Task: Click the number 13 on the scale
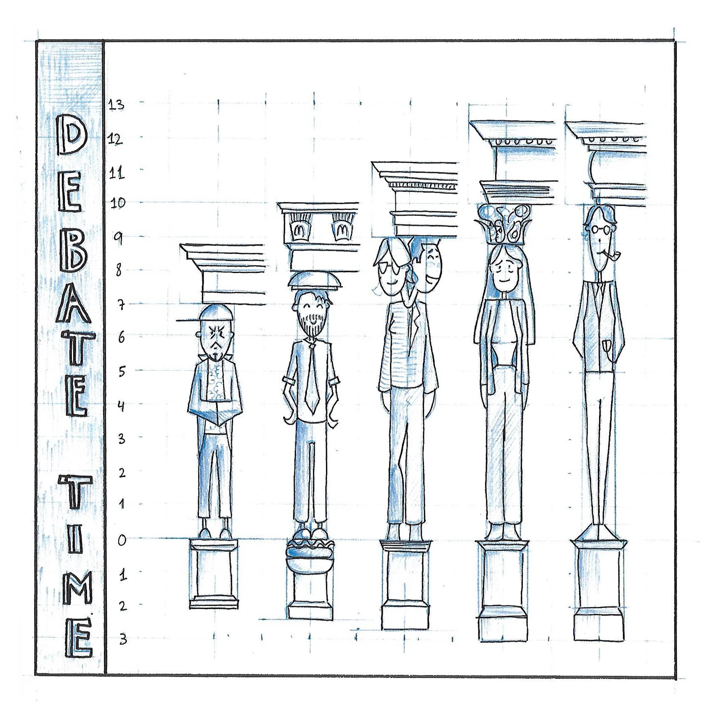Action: click(x=117, y=104)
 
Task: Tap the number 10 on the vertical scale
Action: click(x=118, y=204)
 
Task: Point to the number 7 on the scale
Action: click(x=121, y=305)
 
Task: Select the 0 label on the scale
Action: click(x=122, y=540)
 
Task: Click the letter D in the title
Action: click(x=72, y=135)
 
